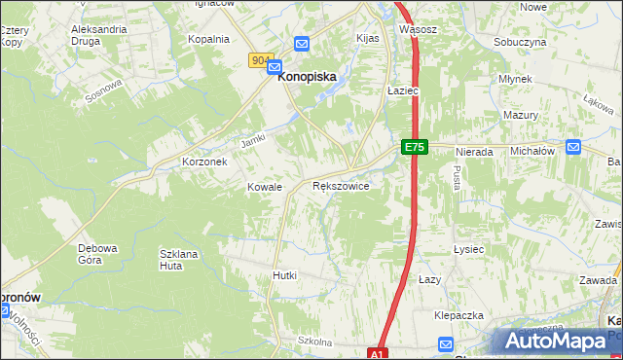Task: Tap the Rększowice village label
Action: click(x=340, y=185)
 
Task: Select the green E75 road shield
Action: click(x=414, y=146)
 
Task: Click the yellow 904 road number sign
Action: click(x=260, y=60)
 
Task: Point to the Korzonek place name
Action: click(x=204, y=162)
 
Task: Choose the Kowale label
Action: click(x=264, y=187)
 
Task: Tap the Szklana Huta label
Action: click(x=178, y=259)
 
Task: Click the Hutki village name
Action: click(x=284, y=275)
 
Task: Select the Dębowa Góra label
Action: click(x=97, y=254)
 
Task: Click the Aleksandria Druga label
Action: click(x=99, y=35)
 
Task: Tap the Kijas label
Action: click(x=367, y=38)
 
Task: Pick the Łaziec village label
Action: click(x=402, y=90)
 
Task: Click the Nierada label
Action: click(x=472, y=153)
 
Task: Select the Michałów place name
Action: click(x=532, y=152)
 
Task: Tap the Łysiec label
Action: click(x=468, y=249)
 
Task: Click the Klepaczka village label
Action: click(x=458, y=316)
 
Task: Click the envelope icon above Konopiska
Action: click(x=302, y=44)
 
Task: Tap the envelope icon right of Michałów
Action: click(x=573, y=148)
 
